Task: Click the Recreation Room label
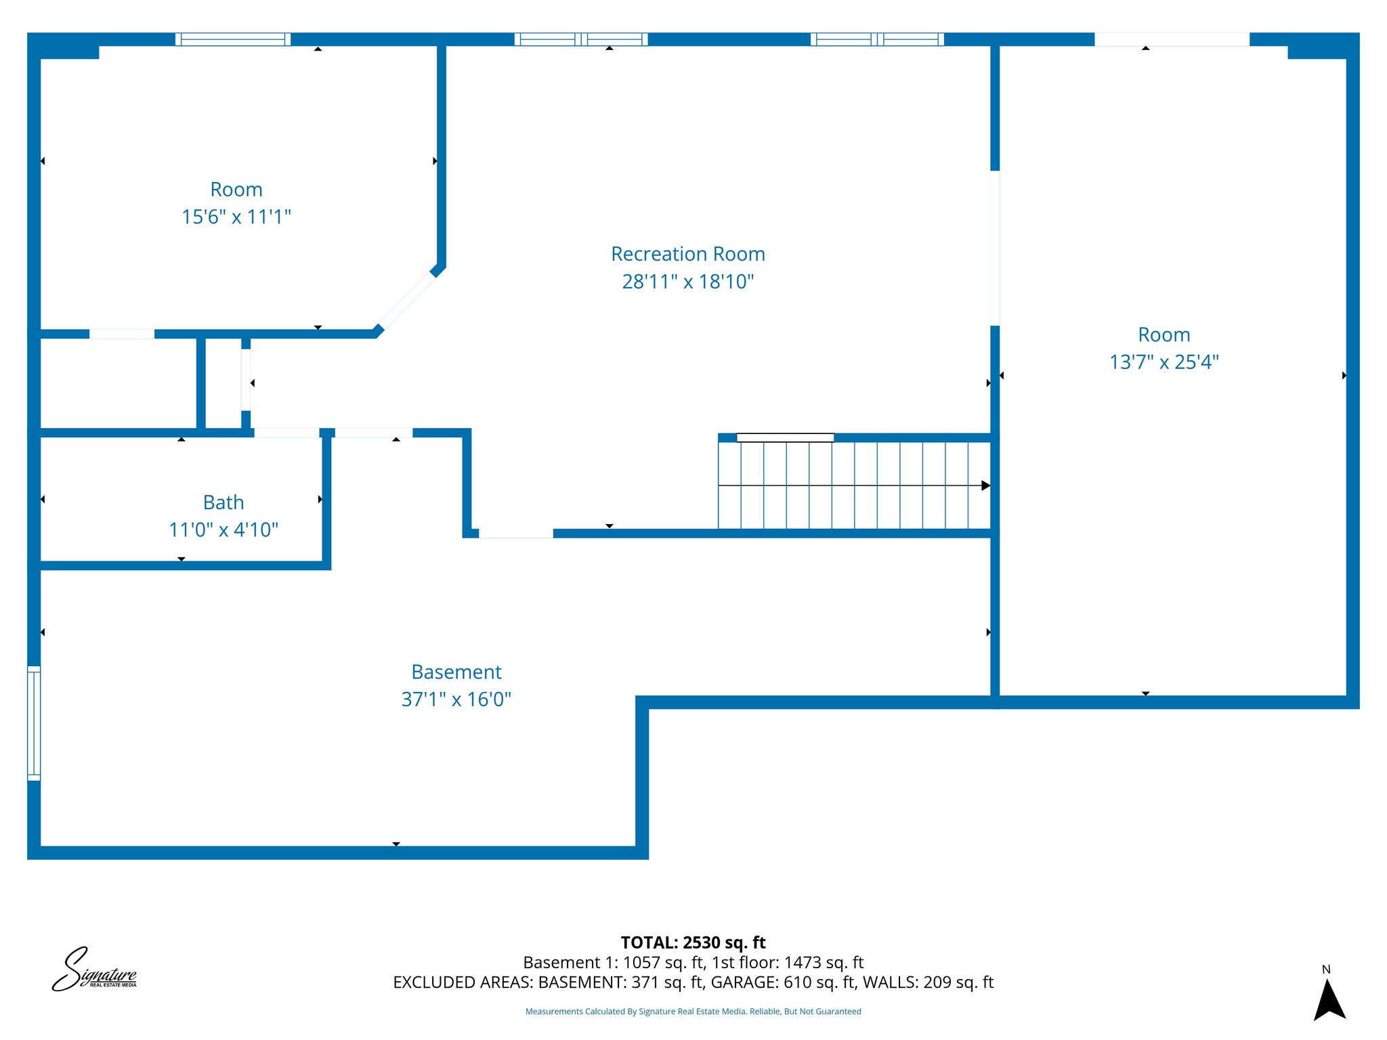[x=687, y=254]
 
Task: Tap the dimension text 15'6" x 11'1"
[x=236, y=217]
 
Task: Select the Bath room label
[x=223, y=502]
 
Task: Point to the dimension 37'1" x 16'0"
[x=456, y=699]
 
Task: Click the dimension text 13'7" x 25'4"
[x=1164, y=362]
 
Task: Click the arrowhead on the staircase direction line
[x=985, y=485]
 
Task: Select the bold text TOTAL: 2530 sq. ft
[x=693, y=942]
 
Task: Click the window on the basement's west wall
[x=34, y=723]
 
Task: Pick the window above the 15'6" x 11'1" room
[x=233, y=39]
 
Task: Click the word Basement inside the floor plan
[x=456, y=672]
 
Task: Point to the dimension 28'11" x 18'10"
[x=687, y=281]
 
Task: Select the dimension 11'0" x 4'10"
[x=223, y=529]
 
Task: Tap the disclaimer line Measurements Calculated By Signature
[x=693, y=1012]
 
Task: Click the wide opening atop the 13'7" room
[x=1172, y=39]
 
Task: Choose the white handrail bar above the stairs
[x=785, y=437]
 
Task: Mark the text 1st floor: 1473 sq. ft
[x=788, y=962]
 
